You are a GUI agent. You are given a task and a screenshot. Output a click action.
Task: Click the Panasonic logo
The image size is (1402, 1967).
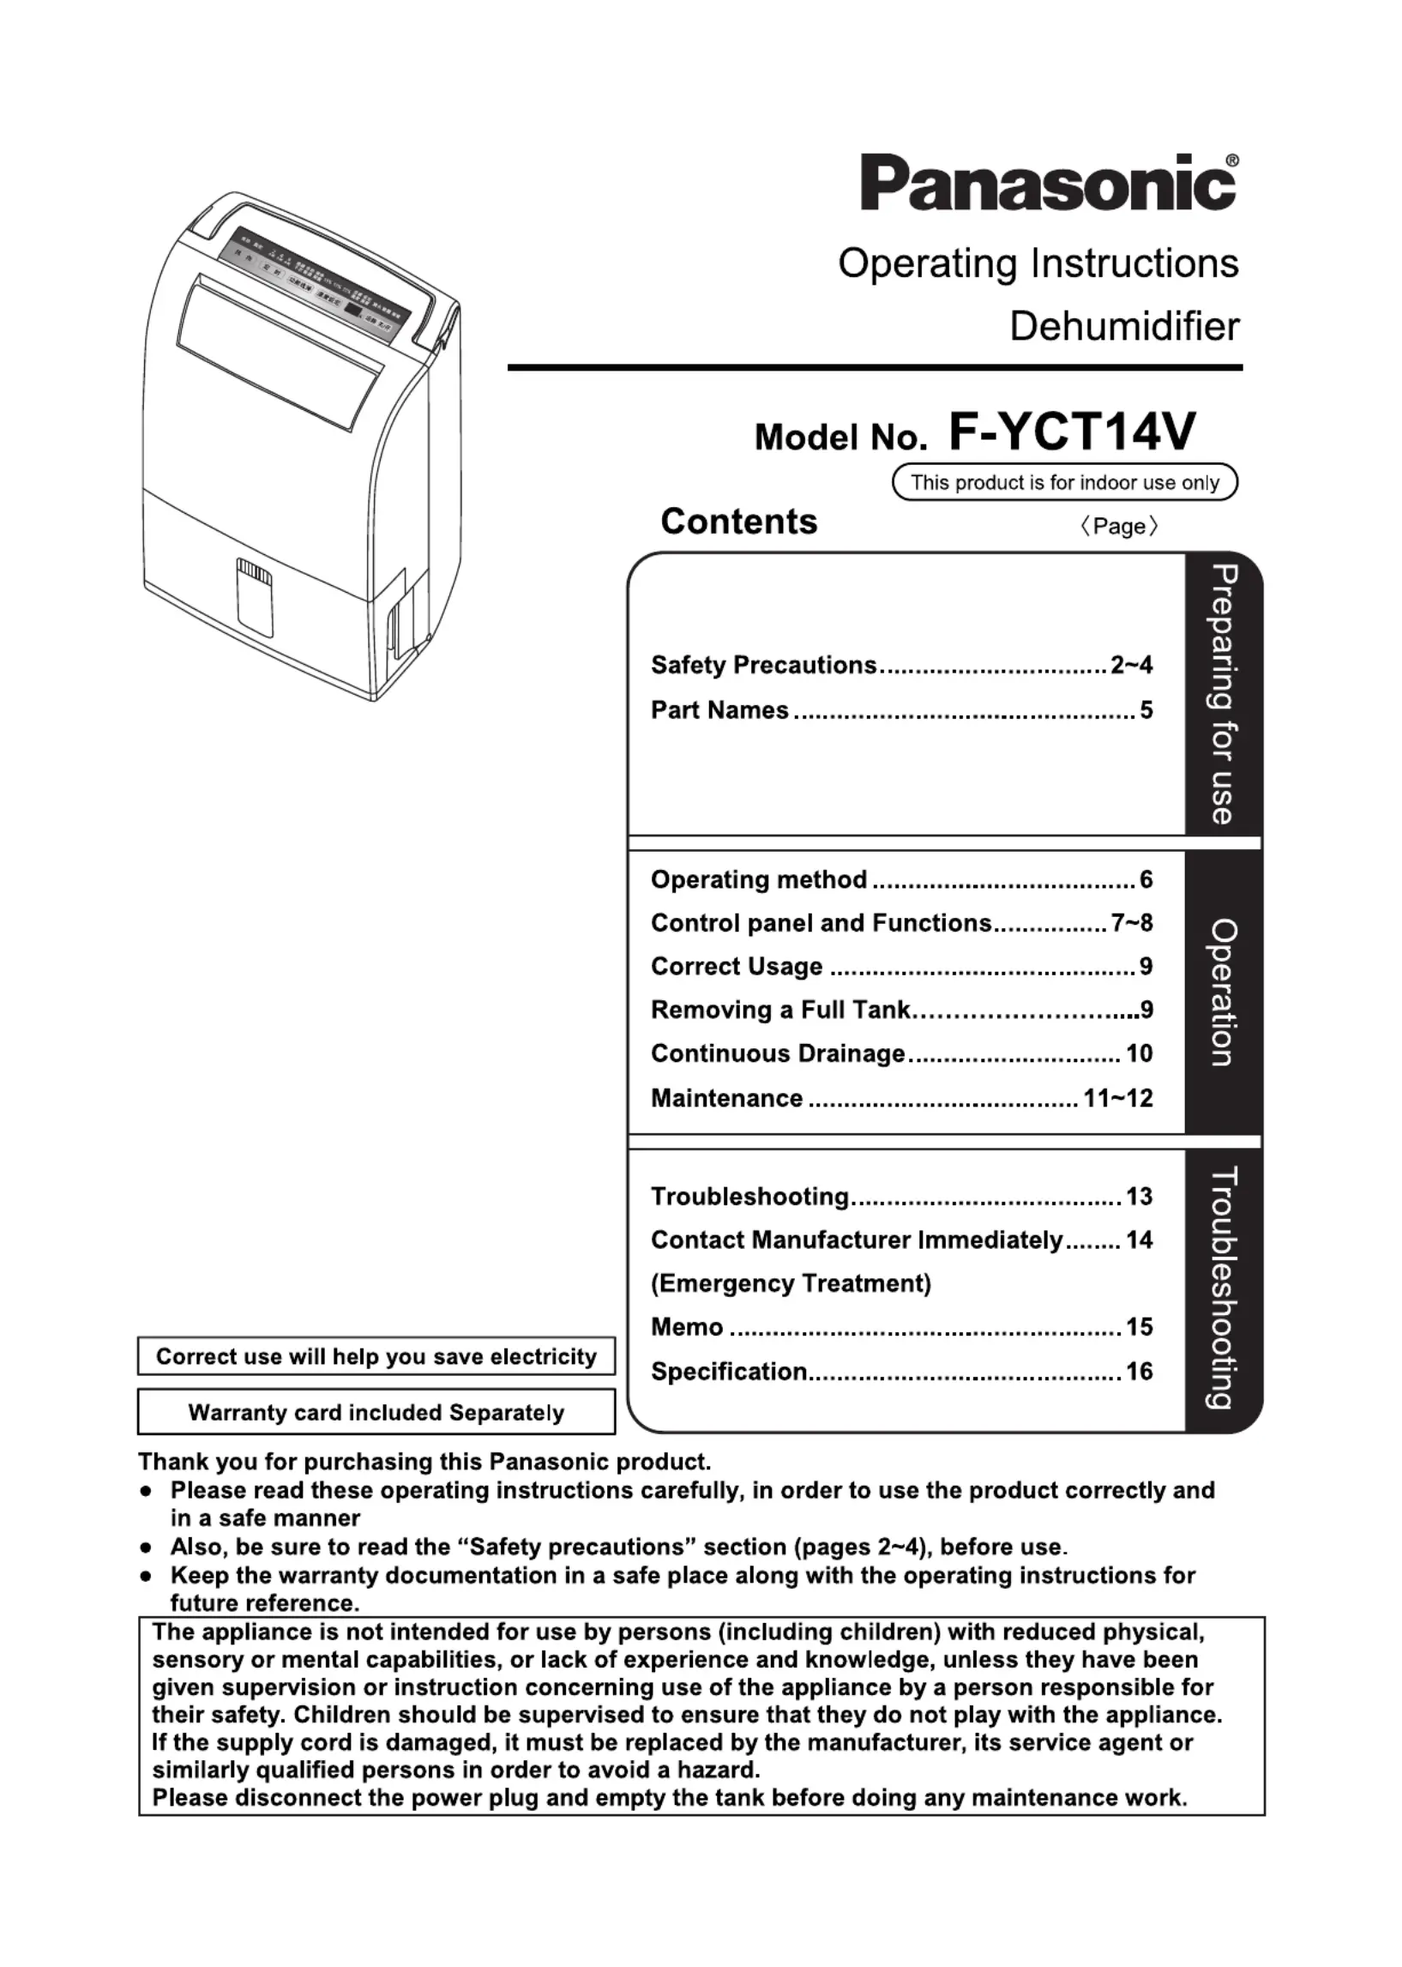click(1047, 182)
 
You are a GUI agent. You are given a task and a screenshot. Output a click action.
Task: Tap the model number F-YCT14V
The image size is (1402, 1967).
click(1072, 431)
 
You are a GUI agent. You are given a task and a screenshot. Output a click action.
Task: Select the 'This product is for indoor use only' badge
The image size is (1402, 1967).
click(1064, 482)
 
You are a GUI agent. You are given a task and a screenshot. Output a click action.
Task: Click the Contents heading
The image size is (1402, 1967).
click(738, 522)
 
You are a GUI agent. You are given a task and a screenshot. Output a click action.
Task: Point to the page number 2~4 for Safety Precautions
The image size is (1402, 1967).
click(1131, 665)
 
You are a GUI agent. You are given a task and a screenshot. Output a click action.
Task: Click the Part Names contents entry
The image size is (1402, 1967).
click(720, 709)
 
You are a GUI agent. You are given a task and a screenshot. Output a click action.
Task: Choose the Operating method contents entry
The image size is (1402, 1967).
click(759, 879)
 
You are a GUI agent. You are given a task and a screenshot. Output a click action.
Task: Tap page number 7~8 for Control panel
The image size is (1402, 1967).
click(1131, 923)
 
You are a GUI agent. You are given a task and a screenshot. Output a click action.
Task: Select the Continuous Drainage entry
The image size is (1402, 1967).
click(778, 1053)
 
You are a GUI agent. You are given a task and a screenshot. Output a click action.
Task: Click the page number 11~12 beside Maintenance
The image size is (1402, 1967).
click(1118, 1098)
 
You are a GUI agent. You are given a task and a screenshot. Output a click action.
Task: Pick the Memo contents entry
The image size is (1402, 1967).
click(687, 1326)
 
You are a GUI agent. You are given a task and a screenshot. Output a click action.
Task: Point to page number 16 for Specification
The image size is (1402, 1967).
click(1139, 1371)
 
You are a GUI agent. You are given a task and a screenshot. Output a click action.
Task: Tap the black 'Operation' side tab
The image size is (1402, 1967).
click(1224, 993)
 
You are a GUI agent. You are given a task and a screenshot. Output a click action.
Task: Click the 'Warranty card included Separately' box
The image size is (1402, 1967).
click(376, 1413)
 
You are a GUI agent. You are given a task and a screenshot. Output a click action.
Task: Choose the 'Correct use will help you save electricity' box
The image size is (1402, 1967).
click(376, 1356)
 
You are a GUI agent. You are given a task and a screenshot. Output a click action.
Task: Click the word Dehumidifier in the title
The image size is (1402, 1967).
click(1124, 326)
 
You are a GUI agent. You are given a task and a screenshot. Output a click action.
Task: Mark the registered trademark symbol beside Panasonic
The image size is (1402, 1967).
click(1232, 160)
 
